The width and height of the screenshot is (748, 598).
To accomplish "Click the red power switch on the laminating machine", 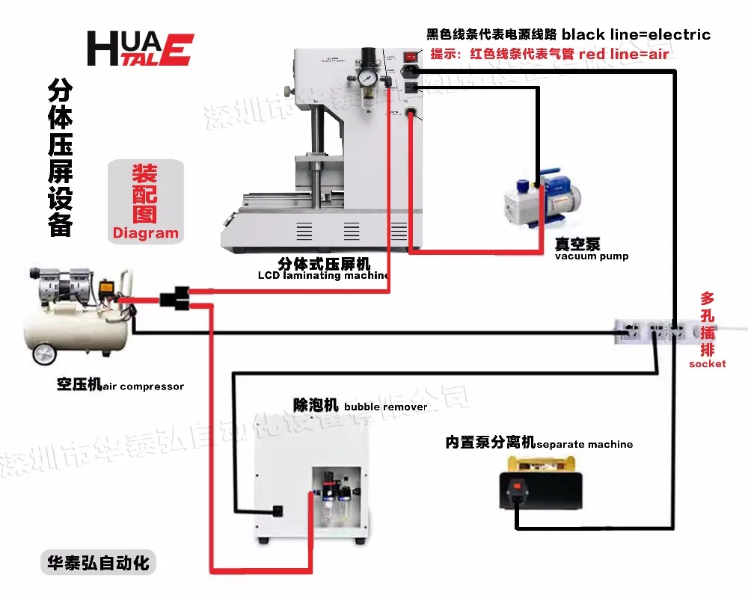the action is click(409, 55).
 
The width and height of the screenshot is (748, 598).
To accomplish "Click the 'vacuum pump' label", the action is click(591, 256).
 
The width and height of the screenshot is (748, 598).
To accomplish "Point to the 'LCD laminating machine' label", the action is click(323, 275).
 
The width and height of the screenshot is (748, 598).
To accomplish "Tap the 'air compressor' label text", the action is click(142, 386).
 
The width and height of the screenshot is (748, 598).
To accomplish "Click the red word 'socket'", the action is click(707, 363).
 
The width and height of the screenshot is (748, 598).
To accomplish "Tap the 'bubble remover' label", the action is click(385, 407).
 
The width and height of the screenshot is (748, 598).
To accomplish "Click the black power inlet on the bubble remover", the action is click(278, 511).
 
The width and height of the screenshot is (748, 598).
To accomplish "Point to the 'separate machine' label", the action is click(584, 444).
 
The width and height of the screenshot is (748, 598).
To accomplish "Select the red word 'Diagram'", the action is click(146, 232).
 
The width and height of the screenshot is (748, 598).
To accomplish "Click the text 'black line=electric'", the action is click(636, 34).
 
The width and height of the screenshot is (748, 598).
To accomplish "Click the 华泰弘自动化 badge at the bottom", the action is click(98, 563).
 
